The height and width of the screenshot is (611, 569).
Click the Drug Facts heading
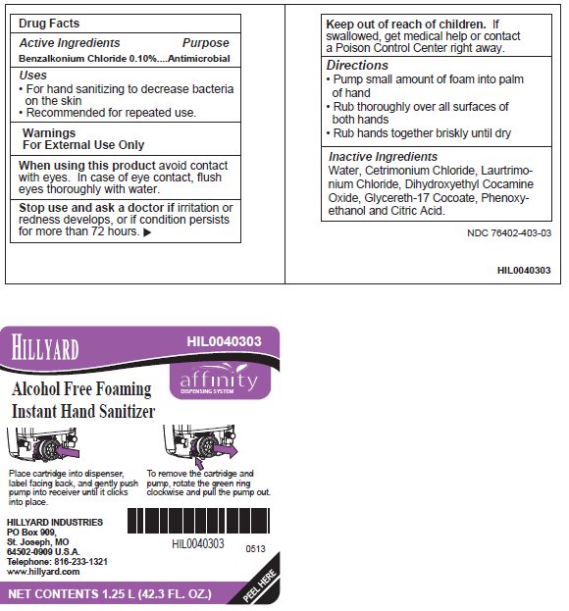coord(50,23)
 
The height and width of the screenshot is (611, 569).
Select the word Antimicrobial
coord(197,59)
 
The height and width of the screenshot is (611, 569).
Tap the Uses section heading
coord(33,75)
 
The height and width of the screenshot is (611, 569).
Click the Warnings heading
coord(48,131)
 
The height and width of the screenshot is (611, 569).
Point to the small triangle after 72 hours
coord(148,233)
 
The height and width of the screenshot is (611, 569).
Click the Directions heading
coord(357,65)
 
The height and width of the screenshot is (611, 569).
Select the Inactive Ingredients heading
coord(383,156)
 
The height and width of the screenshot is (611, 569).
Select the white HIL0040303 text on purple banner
coord(225,342)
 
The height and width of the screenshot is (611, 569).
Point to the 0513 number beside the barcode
coord(255,548)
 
